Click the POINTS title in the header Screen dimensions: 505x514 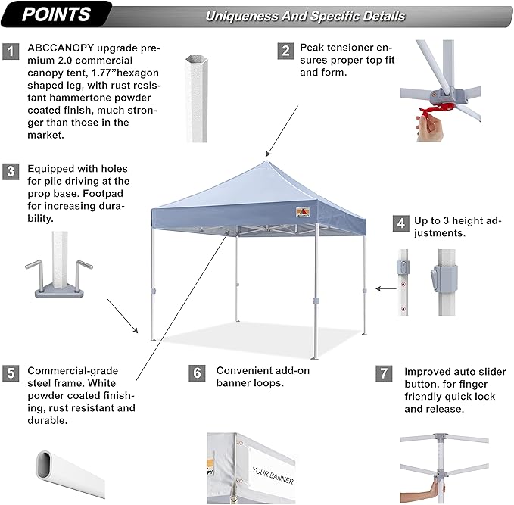[x=56, y=14]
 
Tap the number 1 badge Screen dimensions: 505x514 [x=11, y=51]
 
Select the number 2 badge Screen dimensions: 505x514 [x=285, y=51]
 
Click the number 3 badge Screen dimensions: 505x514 [x=11, y=170]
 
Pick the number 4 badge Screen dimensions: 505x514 [x=399, y=223]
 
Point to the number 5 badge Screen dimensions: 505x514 [x=11, y=373]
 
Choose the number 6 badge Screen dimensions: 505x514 [x=197, y=373]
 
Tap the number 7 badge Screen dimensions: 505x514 [x=385, y=373]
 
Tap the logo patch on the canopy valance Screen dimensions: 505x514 [x=306, y=210]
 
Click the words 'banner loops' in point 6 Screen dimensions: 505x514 [x=249, y=383]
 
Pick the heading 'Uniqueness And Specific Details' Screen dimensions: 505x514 [x=304, y=16]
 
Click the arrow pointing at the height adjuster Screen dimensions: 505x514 [x=387, y=288]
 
